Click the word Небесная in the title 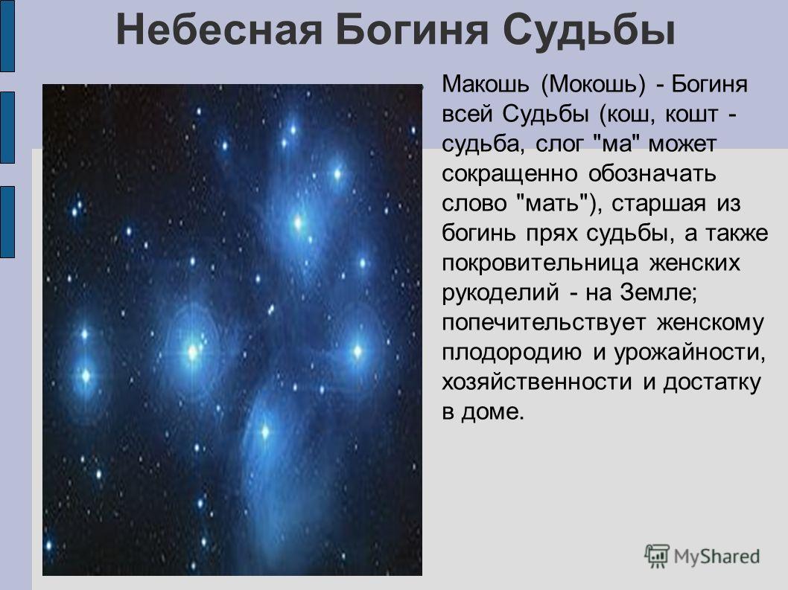219,30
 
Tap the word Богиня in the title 412,30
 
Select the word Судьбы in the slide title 589,30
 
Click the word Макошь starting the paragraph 485,84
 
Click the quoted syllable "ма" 615,143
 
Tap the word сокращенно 509,174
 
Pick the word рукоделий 500,292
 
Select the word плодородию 511,353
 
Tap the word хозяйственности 537,382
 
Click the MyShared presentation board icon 656,557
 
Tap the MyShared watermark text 716,557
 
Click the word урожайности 690,353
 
